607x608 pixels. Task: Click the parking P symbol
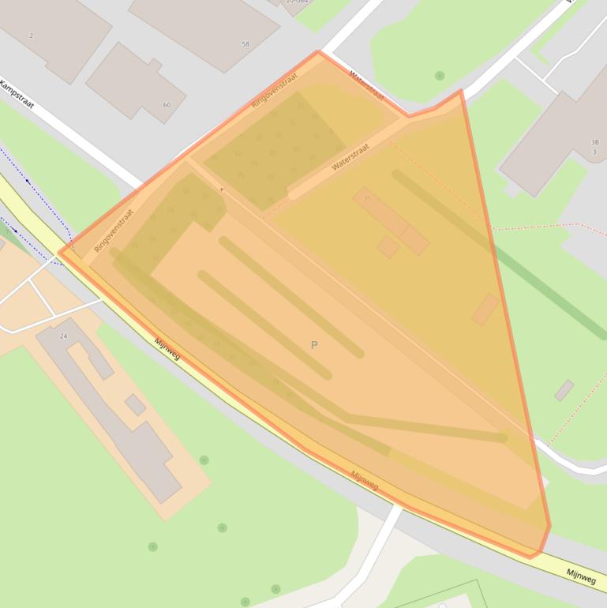click(314, 345)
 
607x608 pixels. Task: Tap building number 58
click(245, 44)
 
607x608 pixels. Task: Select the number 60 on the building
click(167, 105)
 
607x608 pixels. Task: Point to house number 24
click(64, 336)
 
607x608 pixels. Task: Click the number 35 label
click(367, 198)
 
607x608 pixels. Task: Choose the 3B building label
click(594, 143)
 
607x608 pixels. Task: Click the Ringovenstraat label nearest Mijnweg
click(114, 230)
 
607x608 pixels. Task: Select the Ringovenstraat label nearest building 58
click(274, 91)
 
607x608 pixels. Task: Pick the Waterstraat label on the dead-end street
click(351, 156)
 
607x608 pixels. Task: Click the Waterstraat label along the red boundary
click(366, 85)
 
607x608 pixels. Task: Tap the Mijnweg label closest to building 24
click(167, 349)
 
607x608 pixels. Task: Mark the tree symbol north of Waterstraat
click(440, 76)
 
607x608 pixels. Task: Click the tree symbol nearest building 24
click(204, 460)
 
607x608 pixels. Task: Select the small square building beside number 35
click(387, 247)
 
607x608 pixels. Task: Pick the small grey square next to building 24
click(135, 405)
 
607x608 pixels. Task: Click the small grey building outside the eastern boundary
click(564, 390)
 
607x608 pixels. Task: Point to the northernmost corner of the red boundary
click(318, 52)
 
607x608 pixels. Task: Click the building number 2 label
click(32, 36)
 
